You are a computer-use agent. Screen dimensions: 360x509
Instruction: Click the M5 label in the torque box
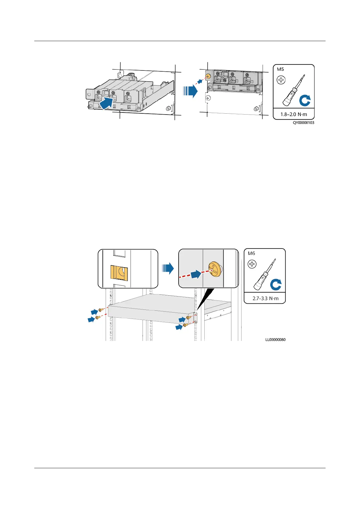[281, 69]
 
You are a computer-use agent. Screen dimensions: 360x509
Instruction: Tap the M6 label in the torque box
[251, 253]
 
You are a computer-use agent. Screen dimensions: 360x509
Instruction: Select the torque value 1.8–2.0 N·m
[294, 114]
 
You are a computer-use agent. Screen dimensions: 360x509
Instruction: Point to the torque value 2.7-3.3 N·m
[265, 298]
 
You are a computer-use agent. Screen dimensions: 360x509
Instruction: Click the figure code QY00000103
[303, 123]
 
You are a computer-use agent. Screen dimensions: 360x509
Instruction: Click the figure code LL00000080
[275, 339]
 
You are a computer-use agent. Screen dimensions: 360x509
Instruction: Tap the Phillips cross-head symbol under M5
[281, 80]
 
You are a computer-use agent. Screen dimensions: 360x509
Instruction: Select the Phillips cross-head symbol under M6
[252, 264]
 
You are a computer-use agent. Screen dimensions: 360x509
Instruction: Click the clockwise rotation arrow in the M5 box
[305, 100]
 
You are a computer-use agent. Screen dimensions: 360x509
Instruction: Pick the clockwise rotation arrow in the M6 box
[276, 284]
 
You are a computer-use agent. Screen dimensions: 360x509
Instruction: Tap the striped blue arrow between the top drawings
[190, 91]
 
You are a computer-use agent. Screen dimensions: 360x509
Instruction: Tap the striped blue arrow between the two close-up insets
[168, 268]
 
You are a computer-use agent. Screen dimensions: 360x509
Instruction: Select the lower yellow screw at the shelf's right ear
[186, 325]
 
